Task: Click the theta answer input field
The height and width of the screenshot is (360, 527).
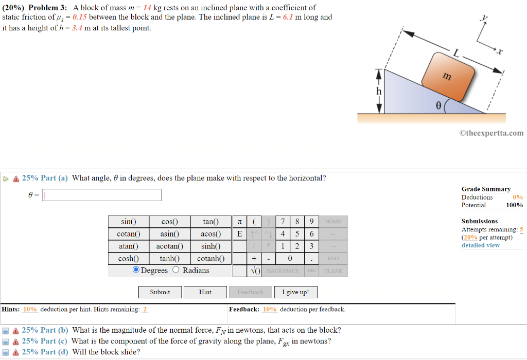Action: [102, 195]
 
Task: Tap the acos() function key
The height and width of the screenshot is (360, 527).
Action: [211, 233]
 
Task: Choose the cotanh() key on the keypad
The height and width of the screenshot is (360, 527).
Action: [211, 258]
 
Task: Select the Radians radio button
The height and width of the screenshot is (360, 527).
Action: [176, 270]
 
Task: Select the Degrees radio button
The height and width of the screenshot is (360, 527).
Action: [136, 270]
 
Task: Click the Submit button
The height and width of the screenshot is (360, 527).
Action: [160, 292]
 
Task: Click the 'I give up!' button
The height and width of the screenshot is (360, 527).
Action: [295, 292]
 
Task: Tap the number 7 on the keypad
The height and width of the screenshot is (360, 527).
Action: [283, 222]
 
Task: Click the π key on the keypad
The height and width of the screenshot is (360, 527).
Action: [239, 222]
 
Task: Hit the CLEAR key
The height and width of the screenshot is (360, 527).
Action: [333, 271]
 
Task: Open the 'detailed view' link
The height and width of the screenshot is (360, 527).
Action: [480, 245]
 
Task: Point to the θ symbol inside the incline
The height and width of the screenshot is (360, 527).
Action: [438, 105]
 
